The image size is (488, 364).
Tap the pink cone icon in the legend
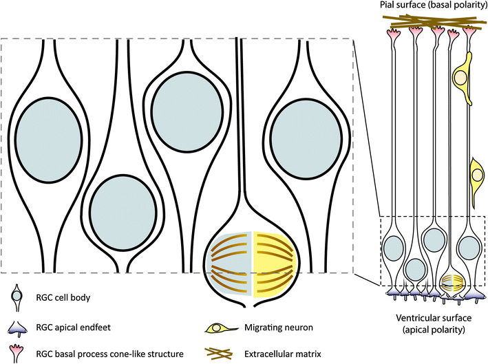21,354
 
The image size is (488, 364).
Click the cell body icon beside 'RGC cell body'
21,297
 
